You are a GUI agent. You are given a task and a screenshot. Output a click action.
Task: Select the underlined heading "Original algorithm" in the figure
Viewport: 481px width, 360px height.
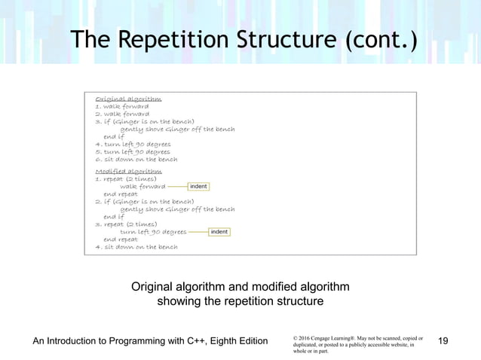point(128,99)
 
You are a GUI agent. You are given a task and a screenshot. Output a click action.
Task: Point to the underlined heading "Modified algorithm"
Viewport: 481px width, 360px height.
point(128,172)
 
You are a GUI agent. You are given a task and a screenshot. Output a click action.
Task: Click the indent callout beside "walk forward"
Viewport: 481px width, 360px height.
point(198,186)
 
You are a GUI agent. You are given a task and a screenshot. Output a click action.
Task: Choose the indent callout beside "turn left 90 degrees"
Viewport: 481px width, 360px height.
point(219,232)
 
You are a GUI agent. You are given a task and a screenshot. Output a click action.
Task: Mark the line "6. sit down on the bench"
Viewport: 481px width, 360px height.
point(136,159)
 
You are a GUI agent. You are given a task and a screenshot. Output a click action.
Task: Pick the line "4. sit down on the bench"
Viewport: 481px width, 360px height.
point(136,247)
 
